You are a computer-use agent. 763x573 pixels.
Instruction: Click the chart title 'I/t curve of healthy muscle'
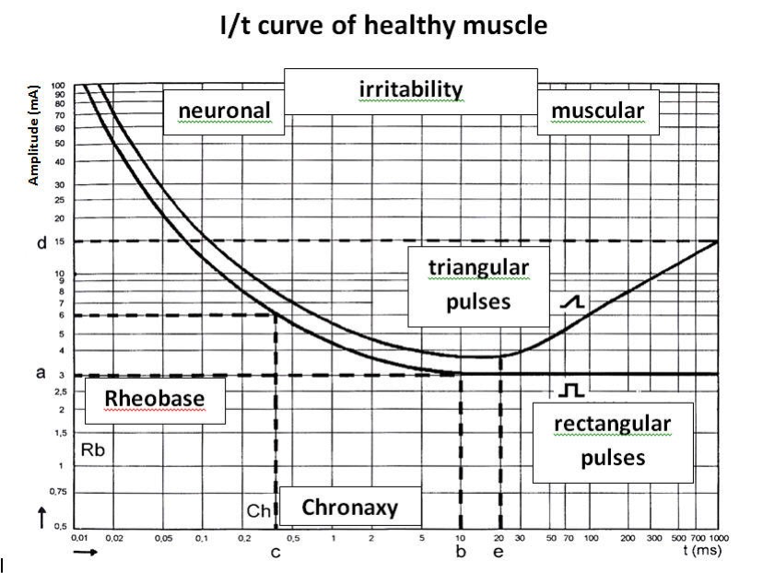pyautogui.click(x=381, y=26)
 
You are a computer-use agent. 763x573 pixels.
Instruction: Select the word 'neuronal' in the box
pyautogui.click(x=225, y=111)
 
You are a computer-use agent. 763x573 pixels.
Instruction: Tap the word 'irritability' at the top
pyautogui.click(x=409, y=88)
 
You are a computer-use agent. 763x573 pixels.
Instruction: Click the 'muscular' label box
pyautogui.click(x=597, y=111)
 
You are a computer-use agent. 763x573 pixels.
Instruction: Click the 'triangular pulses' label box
pyautogui.click(x=478, y=285)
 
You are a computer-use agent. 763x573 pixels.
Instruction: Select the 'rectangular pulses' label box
pyautogui.click(x=612, y=439)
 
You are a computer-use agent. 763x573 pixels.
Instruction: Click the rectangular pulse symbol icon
pyautogui.click(x=571, y=392)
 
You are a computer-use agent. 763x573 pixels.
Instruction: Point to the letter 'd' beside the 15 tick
pyautogui.click(x=41, y=243)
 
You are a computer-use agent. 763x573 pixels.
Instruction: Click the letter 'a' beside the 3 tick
pyautogui.click(x=41, y=375)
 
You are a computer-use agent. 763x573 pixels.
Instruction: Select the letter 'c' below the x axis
pyautogui.click(x=275, y=553)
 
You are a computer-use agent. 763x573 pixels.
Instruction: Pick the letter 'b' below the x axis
pyautogui.click(x=461, y=553)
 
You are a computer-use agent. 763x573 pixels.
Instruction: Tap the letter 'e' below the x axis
pyautogui.click(x=499, y=553)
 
